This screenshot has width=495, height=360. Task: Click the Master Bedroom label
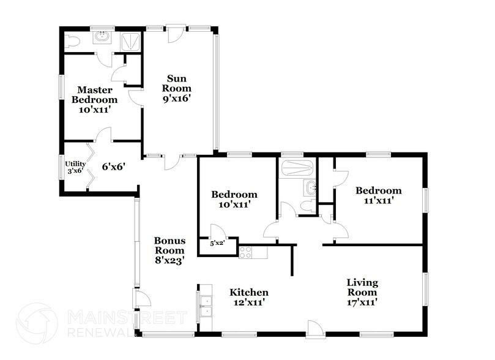tap(94, 100)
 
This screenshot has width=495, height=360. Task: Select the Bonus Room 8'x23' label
tap(169, 250)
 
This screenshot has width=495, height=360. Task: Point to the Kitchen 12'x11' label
tap(248, 297)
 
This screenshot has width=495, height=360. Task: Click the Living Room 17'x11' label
tap(362, 292)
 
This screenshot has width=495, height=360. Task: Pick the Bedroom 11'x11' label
tap(379, 195)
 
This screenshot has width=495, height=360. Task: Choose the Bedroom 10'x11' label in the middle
tap(234, 200)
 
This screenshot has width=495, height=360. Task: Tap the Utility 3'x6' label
tap(75, 167)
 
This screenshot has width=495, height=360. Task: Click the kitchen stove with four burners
tap(246, 252)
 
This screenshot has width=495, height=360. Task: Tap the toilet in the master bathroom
tap(72, 41)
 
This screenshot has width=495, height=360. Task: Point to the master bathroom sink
tap(101, 39)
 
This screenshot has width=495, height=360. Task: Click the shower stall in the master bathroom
tap(129, 40)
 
